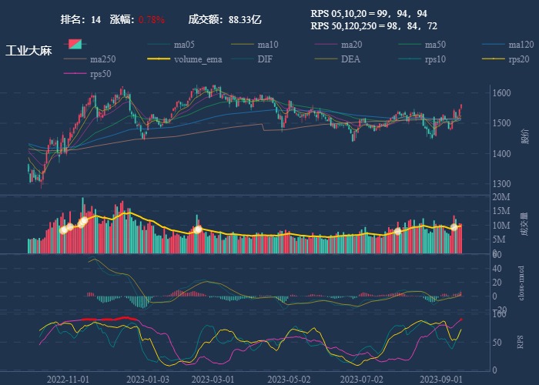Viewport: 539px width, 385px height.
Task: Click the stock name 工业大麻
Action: click(x=28, y=52)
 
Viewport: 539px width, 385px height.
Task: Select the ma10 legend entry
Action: click(x=268, y=44)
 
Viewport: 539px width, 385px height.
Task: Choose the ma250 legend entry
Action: click(x=102, y=59)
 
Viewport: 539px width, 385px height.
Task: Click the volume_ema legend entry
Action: click(x=198, y=59)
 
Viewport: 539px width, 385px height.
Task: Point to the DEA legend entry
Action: click(x=350, y=59)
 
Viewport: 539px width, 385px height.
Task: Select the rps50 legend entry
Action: click(x=100, y=73)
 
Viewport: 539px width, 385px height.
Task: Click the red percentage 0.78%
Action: click(x=152, y=19)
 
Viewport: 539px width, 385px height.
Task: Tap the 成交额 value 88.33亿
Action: click(x=245, y=19)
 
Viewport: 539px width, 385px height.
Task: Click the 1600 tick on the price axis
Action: click(x=501, y=93)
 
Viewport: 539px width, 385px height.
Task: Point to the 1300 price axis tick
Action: click(x=501, y=184)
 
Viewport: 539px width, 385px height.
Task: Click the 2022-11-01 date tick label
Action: click(x=69, y=379)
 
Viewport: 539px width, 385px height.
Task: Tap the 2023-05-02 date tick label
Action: click(x=289, y=379)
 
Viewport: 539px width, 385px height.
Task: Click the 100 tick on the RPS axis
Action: click(x=499, y=315)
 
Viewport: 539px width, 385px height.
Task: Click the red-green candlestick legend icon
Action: click(x=75, y=44)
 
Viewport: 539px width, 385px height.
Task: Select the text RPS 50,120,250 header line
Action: click(x=373, y=25)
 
